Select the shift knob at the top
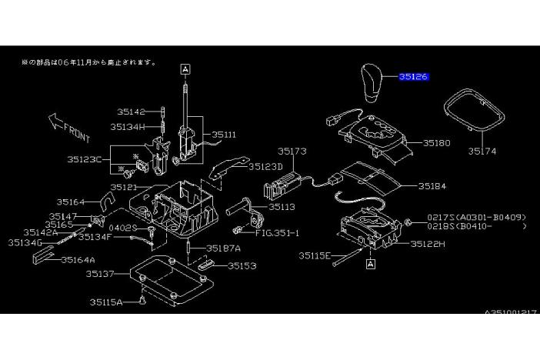click(372, 85)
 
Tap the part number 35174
click(482, 152)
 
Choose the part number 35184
click(433, 186)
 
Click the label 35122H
click(428, 244)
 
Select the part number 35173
click(292, 152)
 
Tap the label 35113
click(282, 207)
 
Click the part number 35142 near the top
click(131, 112)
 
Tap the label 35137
click(100, 273)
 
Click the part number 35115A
click(119, 302)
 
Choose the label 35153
click(242, 266)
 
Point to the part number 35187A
click(223, 248)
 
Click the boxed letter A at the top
click(185, 68)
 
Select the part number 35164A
click(79, 260)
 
